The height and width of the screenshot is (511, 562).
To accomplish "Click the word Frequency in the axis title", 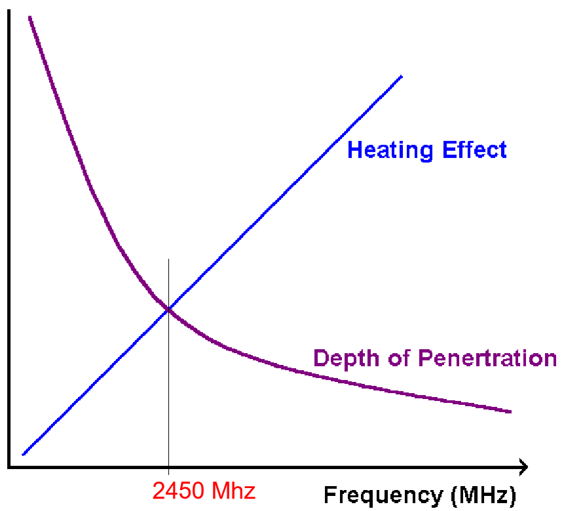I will click(383, 495).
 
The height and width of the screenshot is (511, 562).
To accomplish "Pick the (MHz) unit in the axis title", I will click(483, 495).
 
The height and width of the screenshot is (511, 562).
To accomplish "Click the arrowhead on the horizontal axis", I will click(523, 467).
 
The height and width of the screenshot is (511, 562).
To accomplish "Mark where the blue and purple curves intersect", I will click(168, 309).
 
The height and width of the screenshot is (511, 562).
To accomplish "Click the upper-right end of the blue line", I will click(401, 76).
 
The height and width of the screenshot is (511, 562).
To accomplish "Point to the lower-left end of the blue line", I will click(24, 454).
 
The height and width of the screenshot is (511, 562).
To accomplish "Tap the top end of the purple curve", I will click(30, 16).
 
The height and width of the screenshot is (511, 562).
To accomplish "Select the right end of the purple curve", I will click(510, 411).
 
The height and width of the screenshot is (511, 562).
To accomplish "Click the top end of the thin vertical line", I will click(168, 259).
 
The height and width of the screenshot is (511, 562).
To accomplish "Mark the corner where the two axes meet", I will click(9, 467).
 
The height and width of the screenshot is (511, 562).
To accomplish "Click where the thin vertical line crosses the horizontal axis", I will click(168, 467).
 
